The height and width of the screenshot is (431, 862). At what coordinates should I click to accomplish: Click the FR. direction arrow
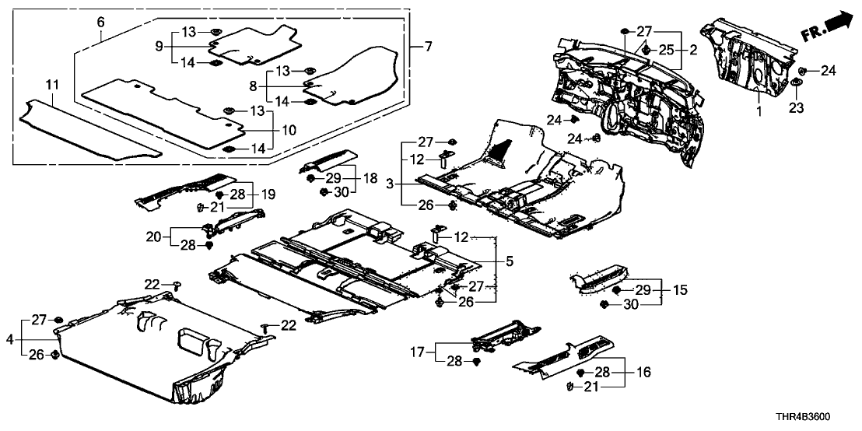[x=828, y=30]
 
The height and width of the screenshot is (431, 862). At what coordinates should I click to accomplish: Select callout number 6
[x=100, y=23]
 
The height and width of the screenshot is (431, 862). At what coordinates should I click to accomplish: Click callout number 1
[x=759, y=111]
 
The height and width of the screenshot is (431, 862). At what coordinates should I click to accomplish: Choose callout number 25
[x=667, y=50]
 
